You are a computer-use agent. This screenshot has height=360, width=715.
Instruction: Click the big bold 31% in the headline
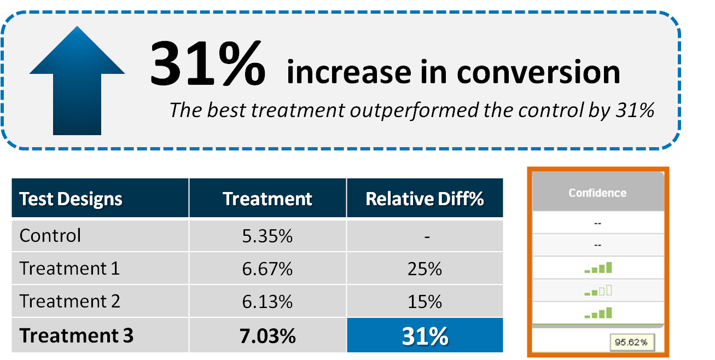coord(207,65)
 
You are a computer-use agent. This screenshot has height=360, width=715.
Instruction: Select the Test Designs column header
coord(71,199)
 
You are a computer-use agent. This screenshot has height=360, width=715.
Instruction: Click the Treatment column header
coord(268,199)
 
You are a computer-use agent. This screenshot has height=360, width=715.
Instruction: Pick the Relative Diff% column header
coord(425,199)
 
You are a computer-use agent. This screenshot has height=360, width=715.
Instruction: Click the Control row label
coord(50,236)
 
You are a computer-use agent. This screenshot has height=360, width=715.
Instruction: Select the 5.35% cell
coord(268,236)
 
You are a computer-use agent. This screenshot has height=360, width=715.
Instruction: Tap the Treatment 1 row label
coord(69,269)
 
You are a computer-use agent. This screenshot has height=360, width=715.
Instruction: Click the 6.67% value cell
coord(268,269)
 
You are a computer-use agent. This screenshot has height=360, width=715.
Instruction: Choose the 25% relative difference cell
coord(425,269)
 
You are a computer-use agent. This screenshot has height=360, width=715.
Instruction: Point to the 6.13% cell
coord(268,302)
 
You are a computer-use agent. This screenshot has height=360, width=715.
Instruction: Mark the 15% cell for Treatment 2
coord(425,302)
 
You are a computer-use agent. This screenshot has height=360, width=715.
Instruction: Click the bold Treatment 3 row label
coord(76,335)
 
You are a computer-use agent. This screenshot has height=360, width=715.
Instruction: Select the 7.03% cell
coord(268,336)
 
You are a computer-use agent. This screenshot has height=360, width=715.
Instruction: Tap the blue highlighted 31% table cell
coord(425,336)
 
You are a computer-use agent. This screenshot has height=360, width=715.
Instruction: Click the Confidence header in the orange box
coord(597,193)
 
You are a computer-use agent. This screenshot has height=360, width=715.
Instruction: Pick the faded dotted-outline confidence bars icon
coord(597,291)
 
